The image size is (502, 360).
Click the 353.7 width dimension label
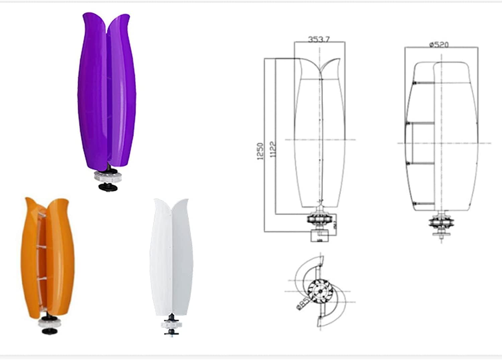(x=319, y=39)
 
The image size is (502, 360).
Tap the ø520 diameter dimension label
(x=439, y=44)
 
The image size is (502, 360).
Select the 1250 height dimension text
(x=260, y=151)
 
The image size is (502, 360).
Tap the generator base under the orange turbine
(x=50, y=323)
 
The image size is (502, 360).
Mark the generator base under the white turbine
(x=172, y=325)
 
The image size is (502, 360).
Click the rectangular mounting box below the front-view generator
(x=320, y=236)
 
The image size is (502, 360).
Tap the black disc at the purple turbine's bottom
(x=108, y=187)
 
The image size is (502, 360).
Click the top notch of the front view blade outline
(x=321, y=69)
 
